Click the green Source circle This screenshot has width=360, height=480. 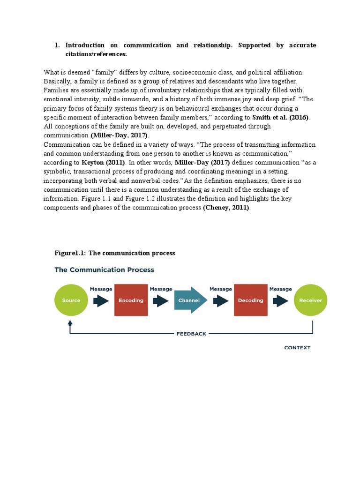[71, 300]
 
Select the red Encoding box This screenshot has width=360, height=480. [131, 300]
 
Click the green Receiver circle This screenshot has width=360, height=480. [311, 300]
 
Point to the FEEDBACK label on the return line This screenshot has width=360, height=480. [191, 334]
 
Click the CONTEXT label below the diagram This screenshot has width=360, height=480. [297, 348]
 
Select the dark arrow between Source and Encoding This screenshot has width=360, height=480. [101, 300]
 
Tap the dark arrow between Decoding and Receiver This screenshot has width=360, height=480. [280, 300]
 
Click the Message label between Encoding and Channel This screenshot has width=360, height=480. [161, 289]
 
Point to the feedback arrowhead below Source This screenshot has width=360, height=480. [70, 323]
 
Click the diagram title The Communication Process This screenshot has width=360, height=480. [104, 270]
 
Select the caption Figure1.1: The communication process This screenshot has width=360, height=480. [115, 253]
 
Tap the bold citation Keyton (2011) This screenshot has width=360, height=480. [103, 163]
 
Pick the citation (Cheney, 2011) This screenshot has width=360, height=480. [226, 208]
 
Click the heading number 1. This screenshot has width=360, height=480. [57, 45]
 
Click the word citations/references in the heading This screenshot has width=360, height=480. [96, 54]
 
